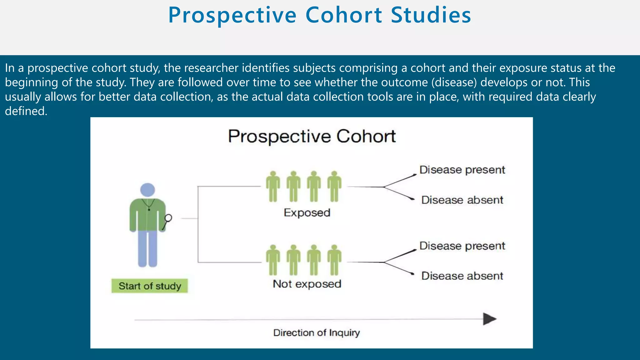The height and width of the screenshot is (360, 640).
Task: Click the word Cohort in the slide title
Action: point(343,15)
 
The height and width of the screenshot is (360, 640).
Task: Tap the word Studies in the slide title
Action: point(431,15)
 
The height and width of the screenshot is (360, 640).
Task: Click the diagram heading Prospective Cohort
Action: point(312,136)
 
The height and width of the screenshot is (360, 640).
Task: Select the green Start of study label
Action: point(150,286)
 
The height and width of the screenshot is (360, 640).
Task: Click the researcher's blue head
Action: point(147,190)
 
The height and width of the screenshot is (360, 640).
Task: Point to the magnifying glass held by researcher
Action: point(168,218)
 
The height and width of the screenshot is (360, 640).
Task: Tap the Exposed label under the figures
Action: point(307,213)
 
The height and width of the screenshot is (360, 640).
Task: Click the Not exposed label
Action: point(307,284)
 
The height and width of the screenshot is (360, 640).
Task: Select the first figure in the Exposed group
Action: point(273,186)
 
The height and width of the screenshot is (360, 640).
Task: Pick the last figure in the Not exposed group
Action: point(334,260)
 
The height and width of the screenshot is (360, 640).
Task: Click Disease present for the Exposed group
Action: point(462,170)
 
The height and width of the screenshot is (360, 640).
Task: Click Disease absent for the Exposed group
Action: point(462,200)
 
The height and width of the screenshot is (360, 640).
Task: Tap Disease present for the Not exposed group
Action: point(462,246)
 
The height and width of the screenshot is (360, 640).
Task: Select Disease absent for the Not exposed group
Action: point(462,276)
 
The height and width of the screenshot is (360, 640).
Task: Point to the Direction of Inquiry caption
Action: point(316,332)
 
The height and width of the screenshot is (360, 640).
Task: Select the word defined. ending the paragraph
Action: point(26,111)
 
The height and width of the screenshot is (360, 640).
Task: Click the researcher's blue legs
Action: point(147,248)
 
